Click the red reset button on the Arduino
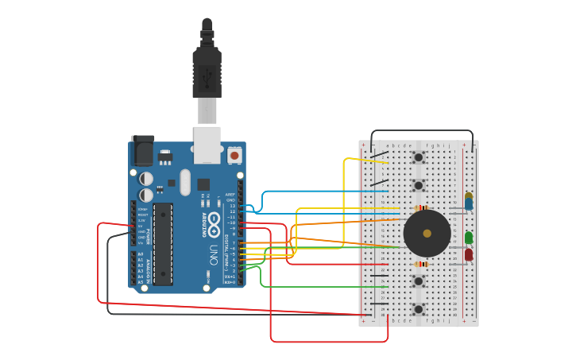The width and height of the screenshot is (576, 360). [234, 155]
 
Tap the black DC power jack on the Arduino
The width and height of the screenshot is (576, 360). [142, 151]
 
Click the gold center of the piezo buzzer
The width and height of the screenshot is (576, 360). [427, 233]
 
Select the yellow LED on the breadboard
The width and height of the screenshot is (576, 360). [469, 195]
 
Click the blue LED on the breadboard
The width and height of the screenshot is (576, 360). [469, 204]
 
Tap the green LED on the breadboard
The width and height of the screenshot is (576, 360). [469, 238]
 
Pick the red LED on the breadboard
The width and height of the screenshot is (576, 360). [469, 254]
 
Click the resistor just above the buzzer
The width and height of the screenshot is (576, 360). [421, 207]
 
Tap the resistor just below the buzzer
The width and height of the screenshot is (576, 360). [421, 264]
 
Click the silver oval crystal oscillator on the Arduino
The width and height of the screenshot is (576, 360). [185, 182]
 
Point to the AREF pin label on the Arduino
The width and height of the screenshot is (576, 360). [230, 194]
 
